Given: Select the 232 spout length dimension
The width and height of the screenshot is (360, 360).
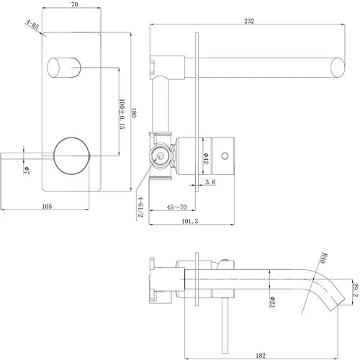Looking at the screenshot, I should (x=248, y=22).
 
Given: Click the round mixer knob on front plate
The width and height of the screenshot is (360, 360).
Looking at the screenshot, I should (x=72, y=153).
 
